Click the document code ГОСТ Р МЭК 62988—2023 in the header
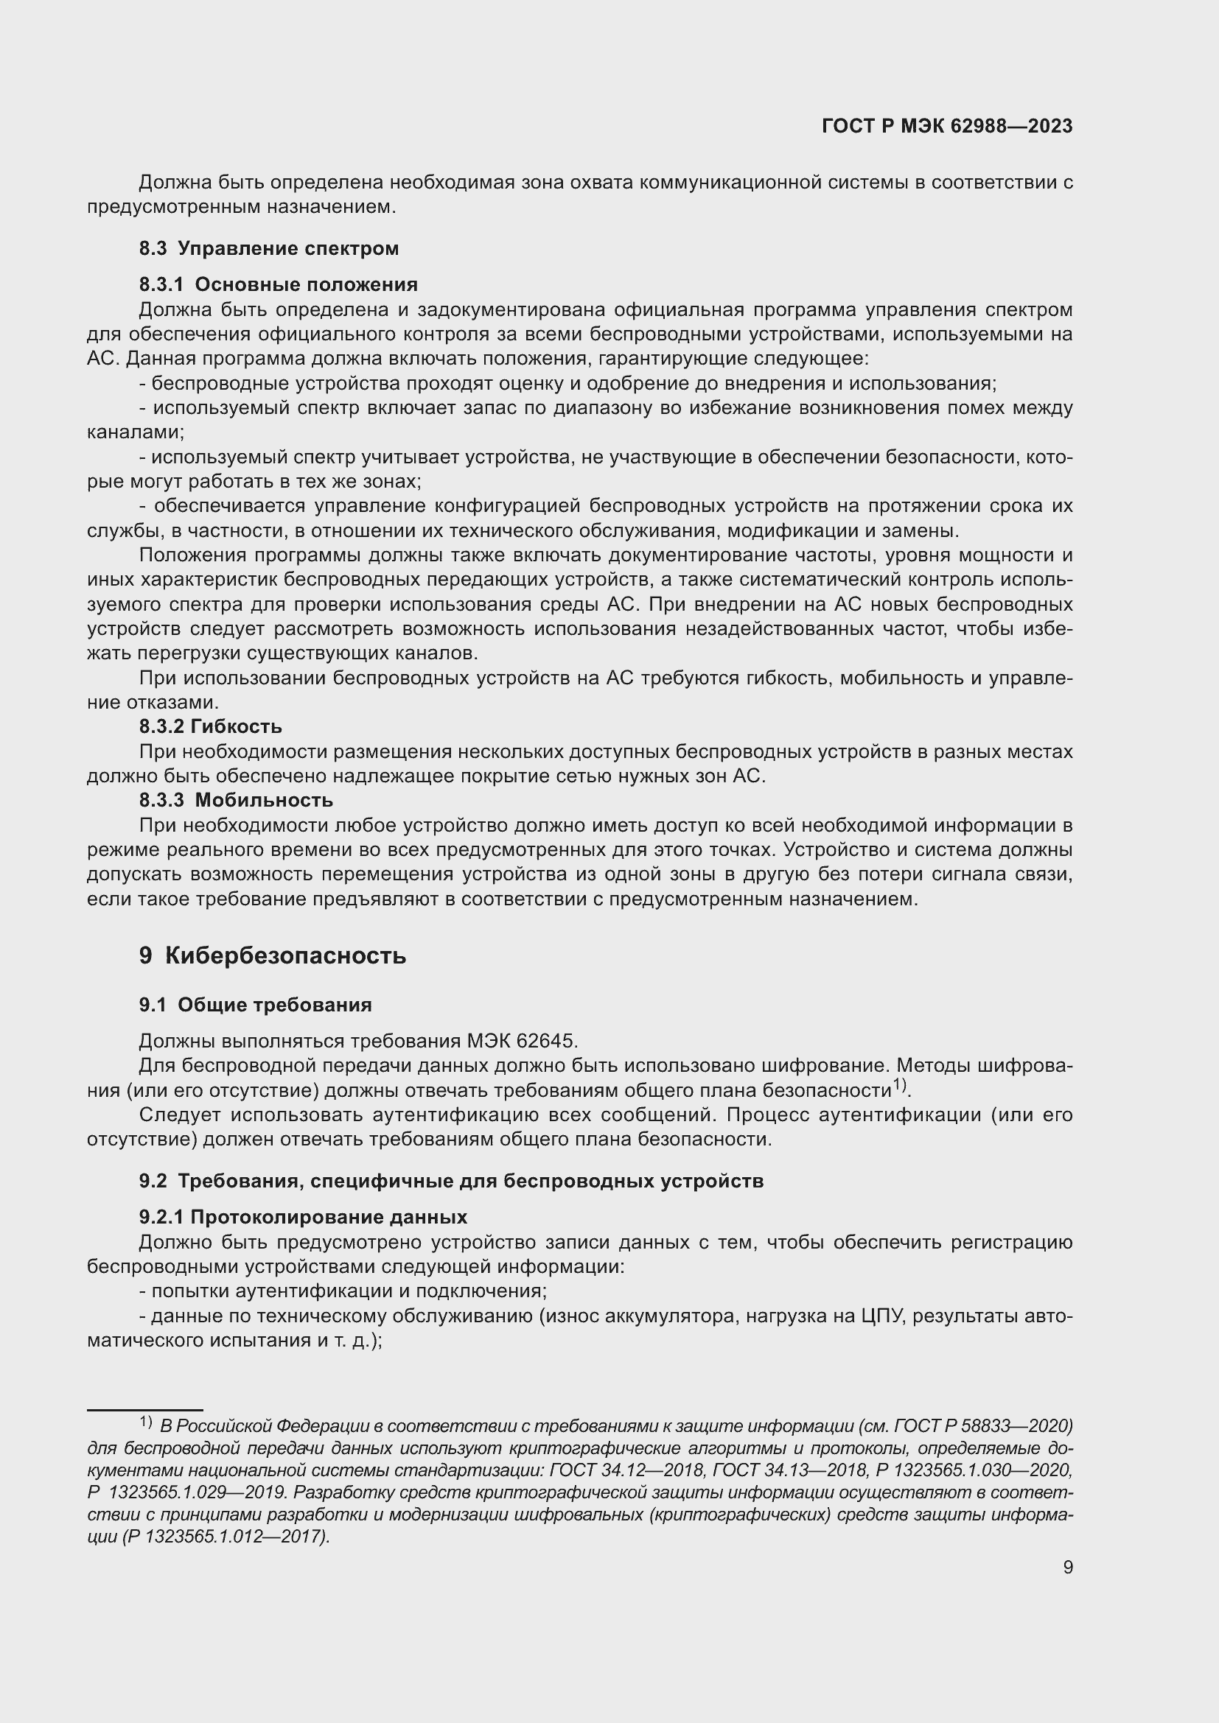(947, 126)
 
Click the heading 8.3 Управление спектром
(269, 248)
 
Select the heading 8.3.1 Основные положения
(278, 284)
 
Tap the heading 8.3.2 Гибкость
(210, 726)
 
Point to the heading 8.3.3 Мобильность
(236, 800)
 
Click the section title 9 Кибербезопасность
(273, 955)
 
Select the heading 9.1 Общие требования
(255, 1005)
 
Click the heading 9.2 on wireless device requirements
(450, 1180)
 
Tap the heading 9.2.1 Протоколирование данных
(302, 1216)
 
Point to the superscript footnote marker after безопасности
(900, 1084)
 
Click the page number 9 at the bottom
(1068, 1568)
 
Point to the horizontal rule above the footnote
(145, 1410)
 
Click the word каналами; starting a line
(135, 432)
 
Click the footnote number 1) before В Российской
(146, 1422)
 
